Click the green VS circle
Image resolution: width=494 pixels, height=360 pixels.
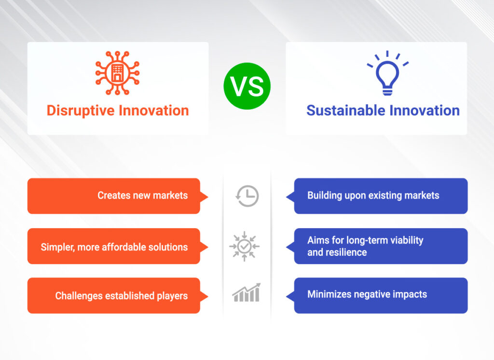pyautogui.click(x=247, y=86)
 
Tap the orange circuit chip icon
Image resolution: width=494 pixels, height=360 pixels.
pyautogui.click(x=117, y=73)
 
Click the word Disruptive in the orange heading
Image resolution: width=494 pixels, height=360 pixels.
pyautogui.click(x=80, y=111)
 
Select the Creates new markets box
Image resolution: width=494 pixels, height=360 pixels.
pyautogui.click(x=113, y=196)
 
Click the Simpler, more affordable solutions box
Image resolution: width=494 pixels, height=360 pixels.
pyautogui.click(x=113, y=246)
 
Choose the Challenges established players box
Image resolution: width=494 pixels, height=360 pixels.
pyautogui.click(x=113, y=295)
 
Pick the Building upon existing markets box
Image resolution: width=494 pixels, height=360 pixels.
pyautogui.click(x=381, y=196)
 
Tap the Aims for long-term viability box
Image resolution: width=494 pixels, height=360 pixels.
pyautogui.click(x=381, y=246)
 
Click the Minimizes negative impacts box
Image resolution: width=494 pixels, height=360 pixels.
pyautogui.click(x=381, y=295)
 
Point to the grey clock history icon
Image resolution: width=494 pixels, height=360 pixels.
pyautogui.click(x=247, y=196)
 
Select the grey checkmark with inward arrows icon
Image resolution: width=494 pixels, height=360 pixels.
pyautogui.click(x=245, y=247)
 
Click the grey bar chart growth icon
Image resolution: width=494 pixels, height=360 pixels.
pyautogui.click(x=246, y=293)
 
